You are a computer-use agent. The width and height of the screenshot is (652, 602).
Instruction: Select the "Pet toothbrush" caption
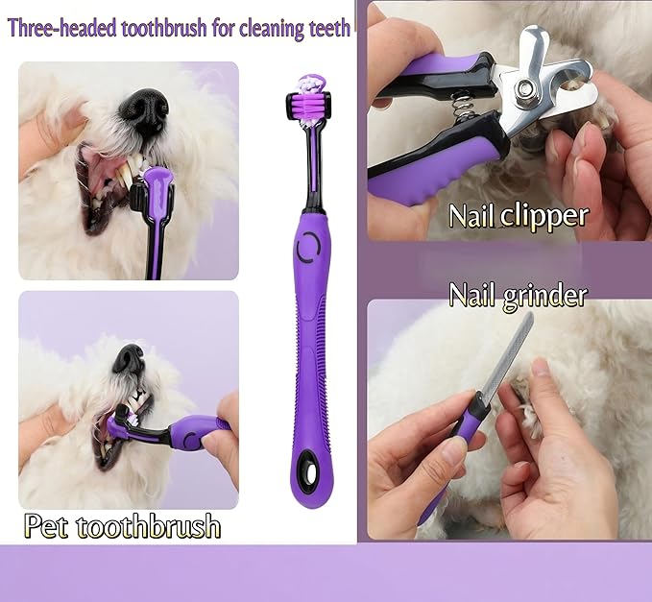point(122,526)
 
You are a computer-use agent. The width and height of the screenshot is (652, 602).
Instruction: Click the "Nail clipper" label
point(518,215)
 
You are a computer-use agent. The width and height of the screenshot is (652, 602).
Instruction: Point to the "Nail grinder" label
point(518,295)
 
